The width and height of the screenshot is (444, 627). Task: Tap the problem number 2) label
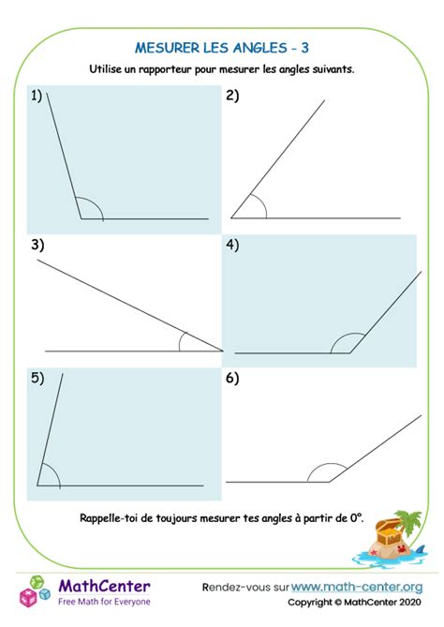[x=232, y=96]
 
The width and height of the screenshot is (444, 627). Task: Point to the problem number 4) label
[x=232, y=245]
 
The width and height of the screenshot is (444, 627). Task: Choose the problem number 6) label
[x=232, y=379]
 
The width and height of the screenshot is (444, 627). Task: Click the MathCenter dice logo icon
[x=36, y=590]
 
